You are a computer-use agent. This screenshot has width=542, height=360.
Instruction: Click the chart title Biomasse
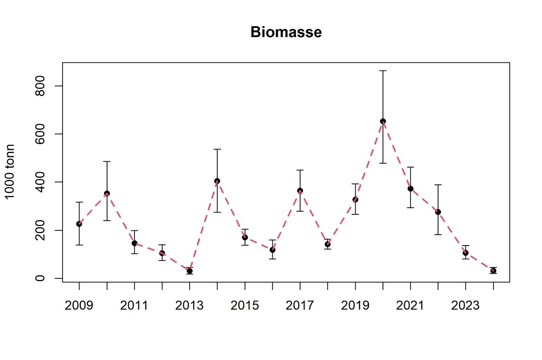click(286, 32)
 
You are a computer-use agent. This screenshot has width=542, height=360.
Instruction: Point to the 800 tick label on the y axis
click(40, 86)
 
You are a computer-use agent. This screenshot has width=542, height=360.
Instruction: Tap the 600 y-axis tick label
click(40, 134)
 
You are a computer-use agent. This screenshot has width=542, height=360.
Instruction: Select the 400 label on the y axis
click(40, 182)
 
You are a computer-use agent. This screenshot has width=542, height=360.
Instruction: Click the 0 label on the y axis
click(40, 278)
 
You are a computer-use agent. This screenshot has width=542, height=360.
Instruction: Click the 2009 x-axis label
click(79, 305)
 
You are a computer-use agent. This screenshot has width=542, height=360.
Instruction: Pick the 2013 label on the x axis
click(190, 305)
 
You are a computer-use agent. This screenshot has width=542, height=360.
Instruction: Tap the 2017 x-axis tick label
click(300, 305)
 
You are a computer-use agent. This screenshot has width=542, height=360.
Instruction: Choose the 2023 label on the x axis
click(465, 305)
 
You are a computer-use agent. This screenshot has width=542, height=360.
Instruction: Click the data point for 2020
click(383, 121)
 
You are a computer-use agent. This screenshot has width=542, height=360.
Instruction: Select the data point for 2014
click(217, 181)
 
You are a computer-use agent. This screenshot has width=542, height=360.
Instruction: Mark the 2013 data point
click(190, 271)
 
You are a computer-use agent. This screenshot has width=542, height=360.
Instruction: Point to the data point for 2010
click(107, 193)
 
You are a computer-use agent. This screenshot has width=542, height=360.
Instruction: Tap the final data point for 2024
click(493, 271)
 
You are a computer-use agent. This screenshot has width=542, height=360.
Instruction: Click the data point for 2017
click(300, 191)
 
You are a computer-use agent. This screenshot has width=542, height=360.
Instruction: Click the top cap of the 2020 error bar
click(383, 71)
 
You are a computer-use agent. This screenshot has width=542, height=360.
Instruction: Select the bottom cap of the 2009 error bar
click(79, 245)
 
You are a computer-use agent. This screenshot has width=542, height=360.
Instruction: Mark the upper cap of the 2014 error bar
click(217, 149)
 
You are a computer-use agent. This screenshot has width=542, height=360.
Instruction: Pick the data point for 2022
click(438, 212)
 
